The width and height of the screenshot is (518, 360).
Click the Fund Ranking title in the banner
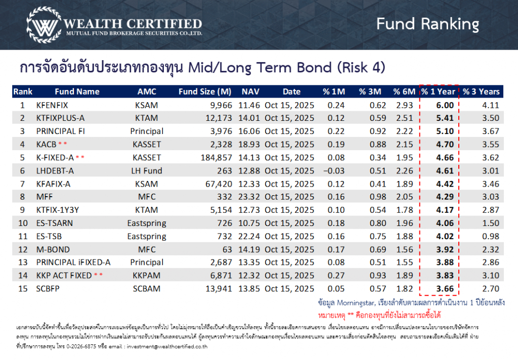click(427, 24)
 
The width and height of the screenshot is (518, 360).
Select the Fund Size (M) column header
click(204, 92)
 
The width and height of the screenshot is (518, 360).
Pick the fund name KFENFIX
click(52, 105)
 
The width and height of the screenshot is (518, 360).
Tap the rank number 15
click(22, 289)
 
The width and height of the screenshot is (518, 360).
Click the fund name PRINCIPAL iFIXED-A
click(73, 263)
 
